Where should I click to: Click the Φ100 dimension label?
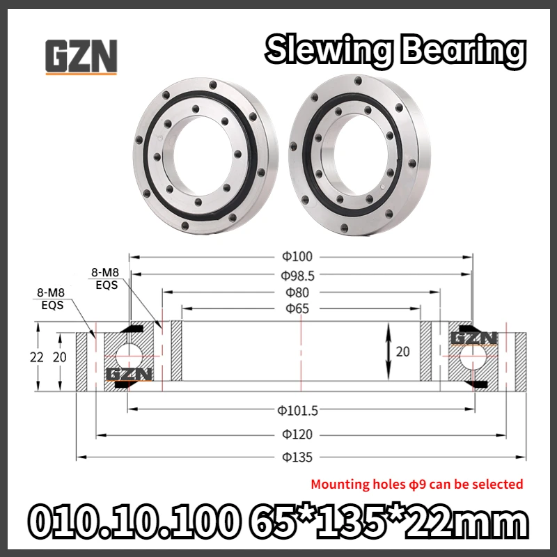tap(297, 256)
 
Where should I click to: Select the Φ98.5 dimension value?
tap(298, 275)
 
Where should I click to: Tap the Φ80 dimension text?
tap(297, 292)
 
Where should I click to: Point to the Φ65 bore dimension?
tap(297, 308)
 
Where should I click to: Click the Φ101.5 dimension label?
tap(298, 411)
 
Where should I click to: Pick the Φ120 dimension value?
tap(297, 434)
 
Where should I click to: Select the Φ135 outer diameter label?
tap(297, 457)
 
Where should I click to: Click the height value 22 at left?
tap(37, 357)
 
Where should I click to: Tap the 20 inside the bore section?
tap(403, 352)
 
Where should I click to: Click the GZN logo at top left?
tap(81, 56)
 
